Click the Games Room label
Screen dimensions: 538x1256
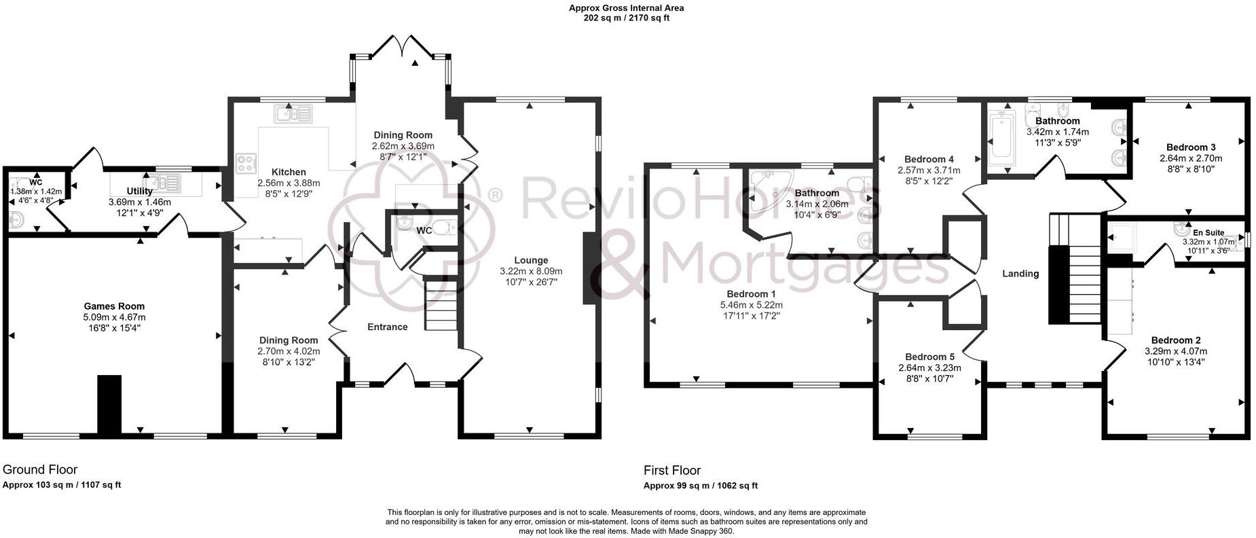[114, 306]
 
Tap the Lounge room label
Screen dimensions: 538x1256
[531, 260]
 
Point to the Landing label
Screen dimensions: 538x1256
[1020, 274]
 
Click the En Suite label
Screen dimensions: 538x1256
[1208, 233]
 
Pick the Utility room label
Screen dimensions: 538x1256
[139, 192]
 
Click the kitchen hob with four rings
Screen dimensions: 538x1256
[245, 163]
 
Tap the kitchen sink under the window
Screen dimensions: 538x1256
[293, 113]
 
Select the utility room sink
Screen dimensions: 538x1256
[165, 182]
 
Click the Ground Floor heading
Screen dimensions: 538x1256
[40, 469]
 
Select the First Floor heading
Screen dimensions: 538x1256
[672, 470]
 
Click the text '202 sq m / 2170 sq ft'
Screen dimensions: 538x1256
[627, 18]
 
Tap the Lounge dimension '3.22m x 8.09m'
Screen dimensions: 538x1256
[531, 271]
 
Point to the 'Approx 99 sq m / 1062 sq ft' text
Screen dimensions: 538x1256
[701, 486]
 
